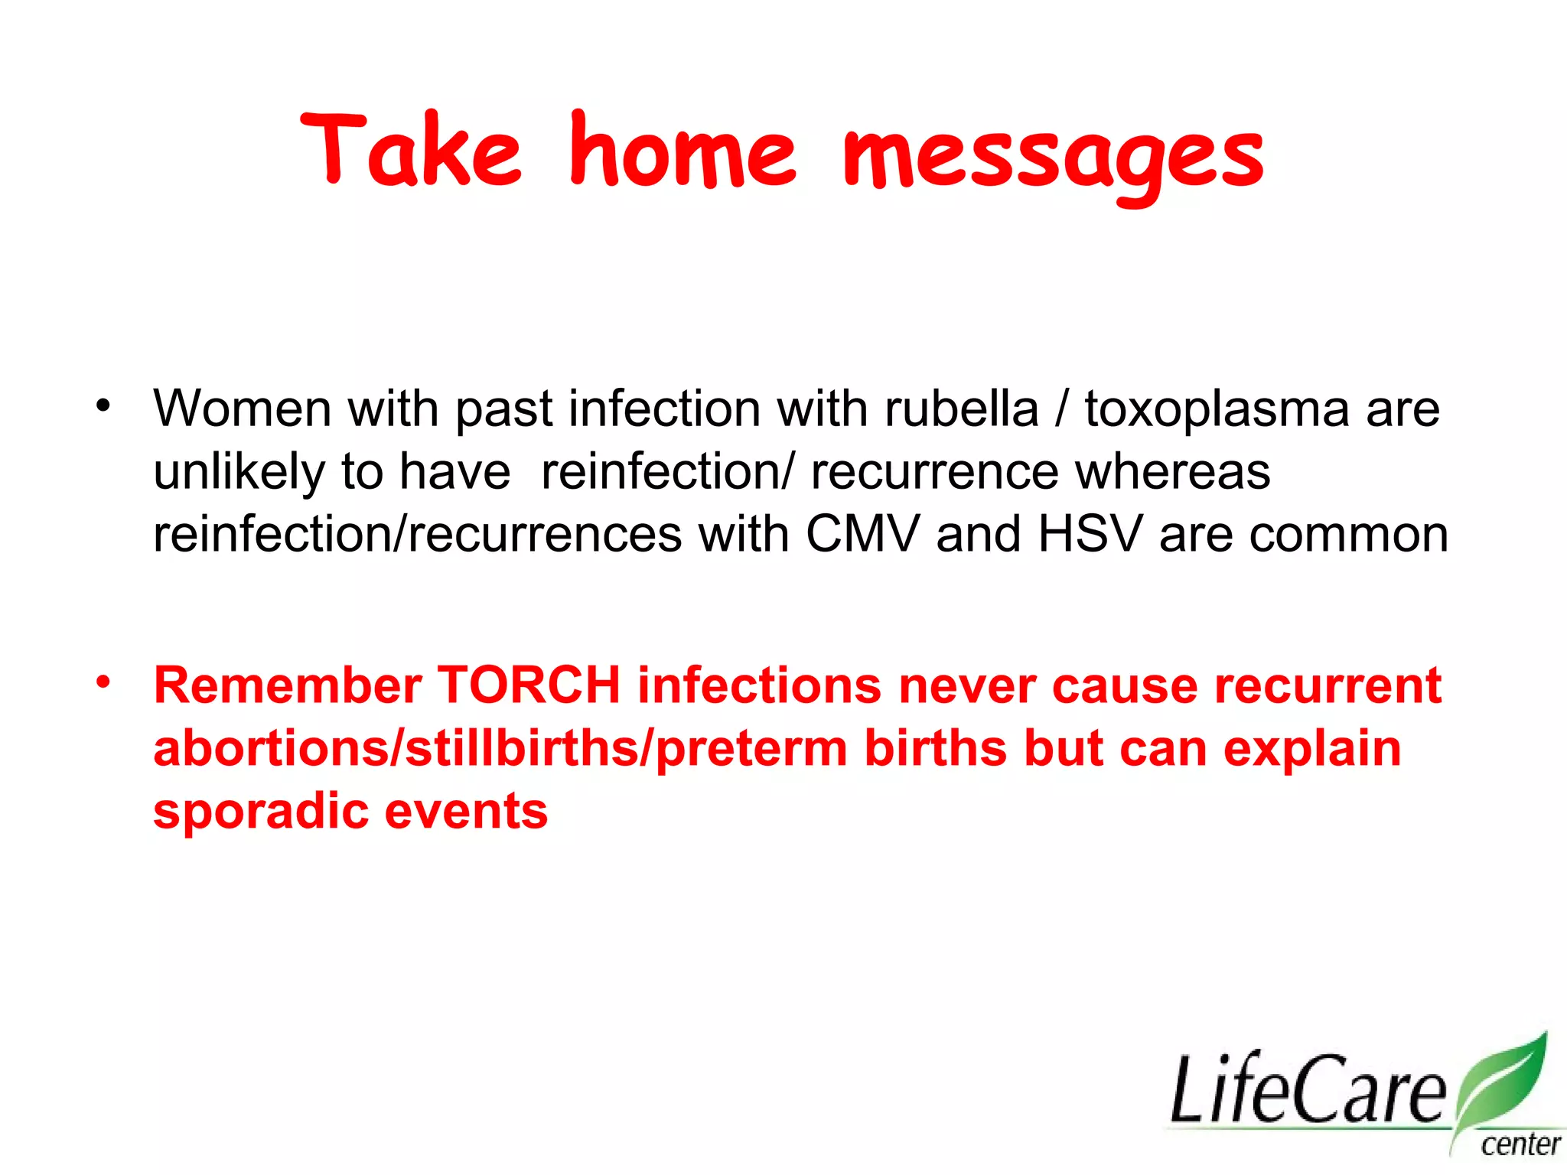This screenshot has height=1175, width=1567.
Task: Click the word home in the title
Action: click(x=683, y=151)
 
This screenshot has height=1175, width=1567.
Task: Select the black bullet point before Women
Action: click(x=103, y=406)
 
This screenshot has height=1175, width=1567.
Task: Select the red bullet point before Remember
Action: click(x=103, y=680)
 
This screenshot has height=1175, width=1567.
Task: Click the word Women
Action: click(x=243, y=409)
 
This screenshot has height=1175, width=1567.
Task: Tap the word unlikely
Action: click(x=239, y=473)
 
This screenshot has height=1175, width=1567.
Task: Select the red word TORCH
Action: click(x=529, y=685)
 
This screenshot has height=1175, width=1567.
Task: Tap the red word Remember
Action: click(x=288, y=685)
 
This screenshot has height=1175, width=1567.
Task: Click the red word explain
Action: click(x=1311, y=750)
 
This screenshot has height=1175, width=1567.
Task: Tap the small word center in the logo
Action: click(x=1520, y=1145)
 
